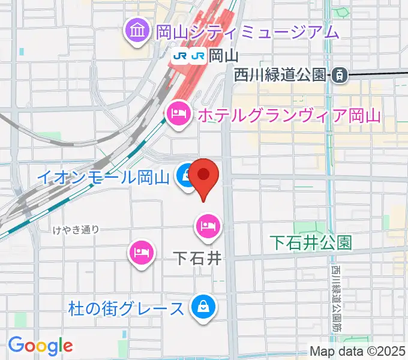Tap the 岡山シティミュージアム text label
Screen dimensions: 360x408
coord(247,31)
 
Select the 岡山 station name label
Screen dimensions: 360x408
coord(226,56)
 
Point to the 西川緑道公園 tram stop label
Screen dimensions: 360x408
coord(280,75)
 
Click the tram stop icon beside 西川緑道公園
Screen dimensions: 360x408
coord(339,75)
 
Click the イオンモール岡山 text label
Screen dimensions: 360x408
coord(103,177)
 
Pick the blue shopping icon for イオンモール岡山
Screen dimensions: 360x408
coord(184,176)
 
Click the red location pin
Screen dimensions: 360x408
coord(205,175)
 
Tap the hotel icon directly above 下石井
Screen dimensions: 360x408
coord(208,226)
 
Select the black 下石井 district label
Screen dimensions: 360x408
coord(197,259)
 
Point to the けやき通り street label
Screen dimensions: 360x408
coord(76,229)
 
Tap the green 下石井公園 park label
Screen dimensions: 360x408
coord(310,242)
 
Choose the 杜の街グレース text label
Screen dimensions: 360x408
coord(125,309)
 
